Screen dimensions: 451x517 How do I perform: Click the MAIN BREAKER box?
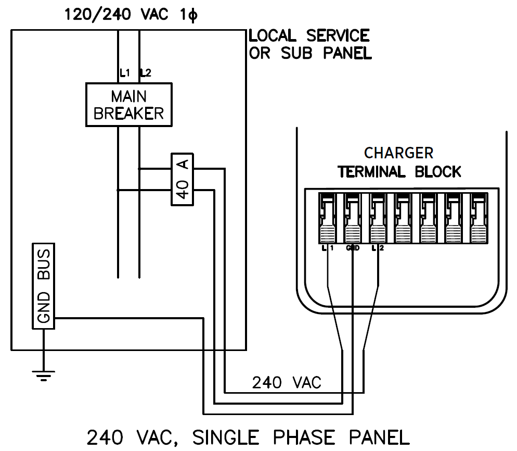(x=128, y=105)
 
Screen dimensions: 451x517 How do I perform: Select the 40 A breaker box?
(x=182, y=179)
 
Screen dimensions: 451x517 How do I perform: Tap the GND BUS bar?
(x=44, y=287)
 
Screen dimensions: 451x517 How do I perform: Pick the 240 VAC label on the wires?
(x=287, y=383)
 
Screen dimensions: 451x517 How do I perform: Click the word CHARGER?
(x=398, y=153)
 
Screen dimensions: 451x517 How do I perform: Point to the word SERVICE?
(x=338, y=36)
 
